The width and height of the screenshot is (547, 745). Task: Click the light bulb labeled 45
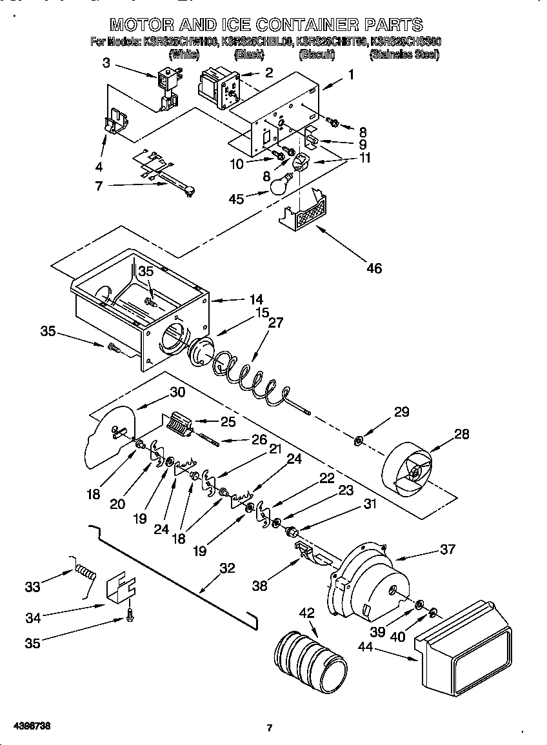click(278, 186)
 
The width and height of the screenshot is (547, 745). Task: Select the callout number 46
click(373, 268)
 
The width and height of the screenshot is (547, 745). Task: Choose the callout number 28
click(462, 433)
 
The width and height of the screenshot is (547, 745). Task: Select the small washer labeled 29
click(357, 442)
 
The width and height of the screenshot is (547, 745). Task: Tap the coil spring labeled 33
click(85, 572)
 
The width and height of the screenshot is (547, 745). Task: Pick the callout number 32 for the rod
click(227, 568)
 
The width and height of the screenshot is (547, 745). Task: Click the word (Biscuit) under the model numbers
click(317, 55)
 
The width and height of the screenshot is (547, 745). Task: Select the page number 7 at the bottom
click(270, 728)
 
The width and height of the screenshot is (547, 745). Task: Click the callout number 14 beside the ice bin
click(239, 299)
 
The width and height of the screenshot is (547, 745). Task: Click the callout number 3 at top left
click(106, 63)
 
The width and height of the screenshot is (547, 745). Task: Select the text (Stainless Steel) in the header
click(404, 55)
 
